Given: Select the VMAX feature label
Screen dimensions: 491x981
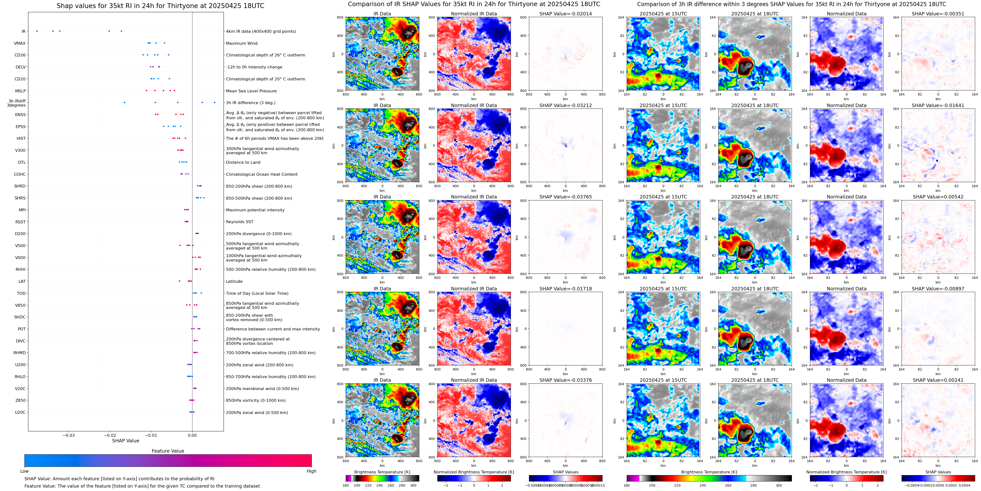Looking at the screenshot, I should point(20,44).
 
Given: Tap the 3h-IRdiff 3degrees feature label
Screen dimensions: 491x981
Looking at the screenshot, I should point(17,103).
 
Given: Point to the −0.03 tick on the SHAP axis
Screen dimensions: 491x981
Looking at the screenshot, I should point(69,435).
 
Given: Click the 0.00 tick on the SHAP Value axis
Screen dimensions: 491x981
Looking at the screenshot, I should point(192,435).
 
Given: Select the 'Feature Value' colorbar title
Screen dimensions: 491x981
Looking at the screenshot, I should point(168,451).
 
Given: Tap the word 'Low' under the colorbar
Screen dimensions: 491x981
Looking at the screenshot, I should point(24,471).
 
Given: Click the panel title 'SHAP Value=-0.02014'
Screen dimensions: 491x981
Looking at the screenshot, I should point(566,14).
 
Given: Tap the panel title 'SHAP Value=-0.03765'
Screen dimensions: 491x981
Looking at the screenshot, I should point(566,197).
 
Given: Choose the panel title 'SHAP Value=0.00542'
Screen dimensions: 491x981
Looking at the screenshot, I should point(938,197).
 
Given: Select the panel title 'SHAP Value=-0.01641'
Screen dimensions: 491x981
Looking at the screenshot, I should point(938,106).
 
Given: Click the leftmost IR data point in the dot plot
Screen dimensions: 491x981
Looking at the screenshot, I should point(37,31).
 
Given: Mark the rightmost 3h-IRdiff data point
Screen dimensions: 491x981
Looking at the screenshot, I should point(215,102).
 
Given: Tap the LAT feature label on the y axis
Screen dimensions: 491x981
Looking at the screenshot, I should point(22,282).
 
